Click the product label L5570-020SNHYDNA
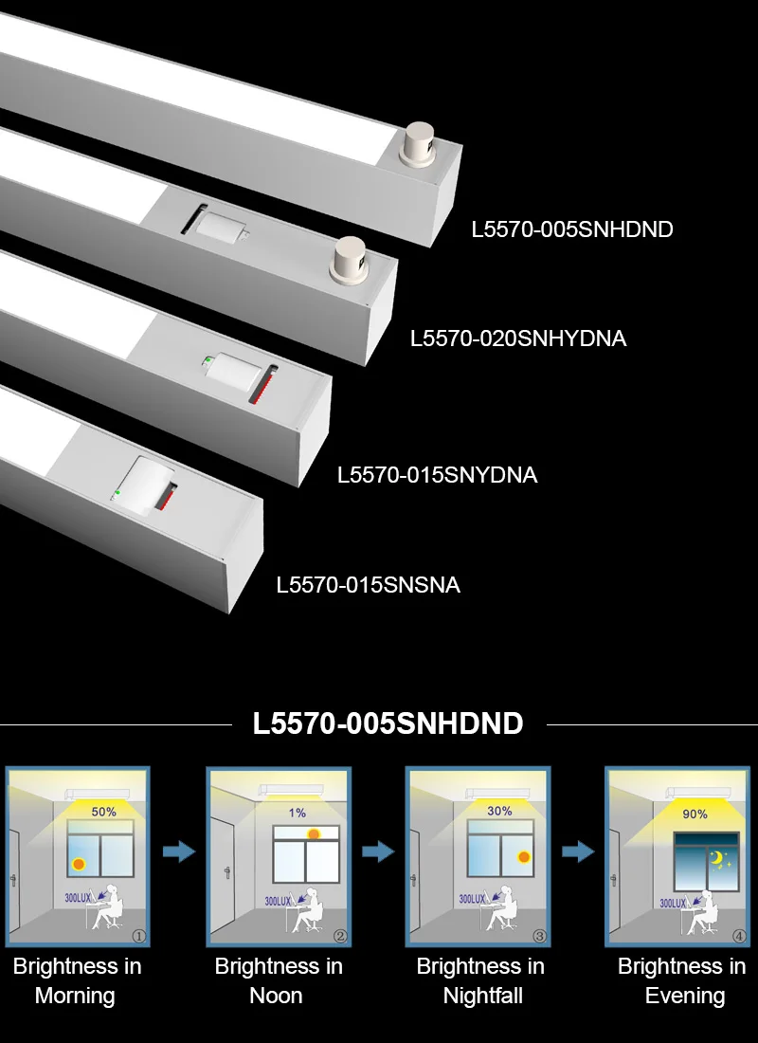518,339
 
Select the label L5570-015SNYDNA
438,475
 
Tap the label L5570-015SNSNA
369,585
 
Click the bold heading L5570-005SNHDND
388,723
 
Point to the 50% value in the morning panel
103,813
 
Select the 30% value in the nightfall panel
499,811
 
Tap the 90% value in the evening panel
695,814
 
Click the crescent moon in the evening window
717,859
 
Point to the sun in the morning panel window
79,864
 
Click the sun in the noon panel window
315,833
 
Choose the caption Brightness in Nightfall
480,980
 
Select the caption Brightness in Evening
682,980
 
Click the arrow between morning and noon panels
179,851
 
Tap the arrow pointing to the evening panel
578,851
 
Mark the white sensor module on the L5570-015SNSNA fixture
148,485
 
